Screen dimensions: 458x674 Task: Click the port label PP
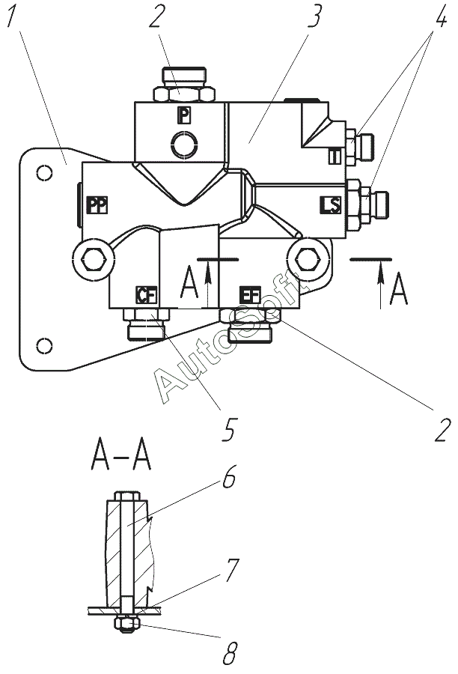pyautogui.click(x=97, y=204)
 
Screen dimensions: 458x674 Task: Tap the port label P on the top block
pyautogui.click(x=184, y=115)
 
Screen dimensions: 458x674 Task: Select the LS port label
pyautogui.click(x=330, y=204)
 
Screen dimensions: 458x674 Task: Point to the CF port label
pyautogui.click(x=147, y=295)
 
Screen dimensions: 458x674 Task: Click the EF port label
pyautogui.click(x=250, y=296)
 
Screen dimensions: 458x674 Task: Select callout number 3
pyautogui.click(x=314, y=16)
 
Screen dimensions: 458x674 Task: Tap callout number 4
pyautogui.click(x=438, y=16)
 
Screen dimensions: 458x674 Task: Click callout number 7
pyautogui.click(x=231, y=570)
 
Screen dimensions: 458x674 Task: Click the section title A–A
pyautogui.click(x=121, y=456)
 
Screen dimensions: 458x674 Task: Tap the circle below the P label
pyautogui.click(x=184, y=144)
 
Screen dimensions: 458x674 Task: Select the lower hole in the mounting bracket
pyautogui.click(x=45, y=345)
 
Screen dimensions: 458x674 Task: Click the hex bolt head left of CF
pyautogui.click(x=94, y=260)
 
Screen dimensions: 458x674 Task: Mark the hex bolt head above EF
pyautogui.click(x=307, y=259)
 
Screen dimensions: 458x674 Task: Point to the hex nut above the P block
pyautogui.click(x=184, y=94)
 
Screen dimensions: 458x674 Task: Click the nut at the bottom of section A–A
pyautogui.click(x=126, y=623)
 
